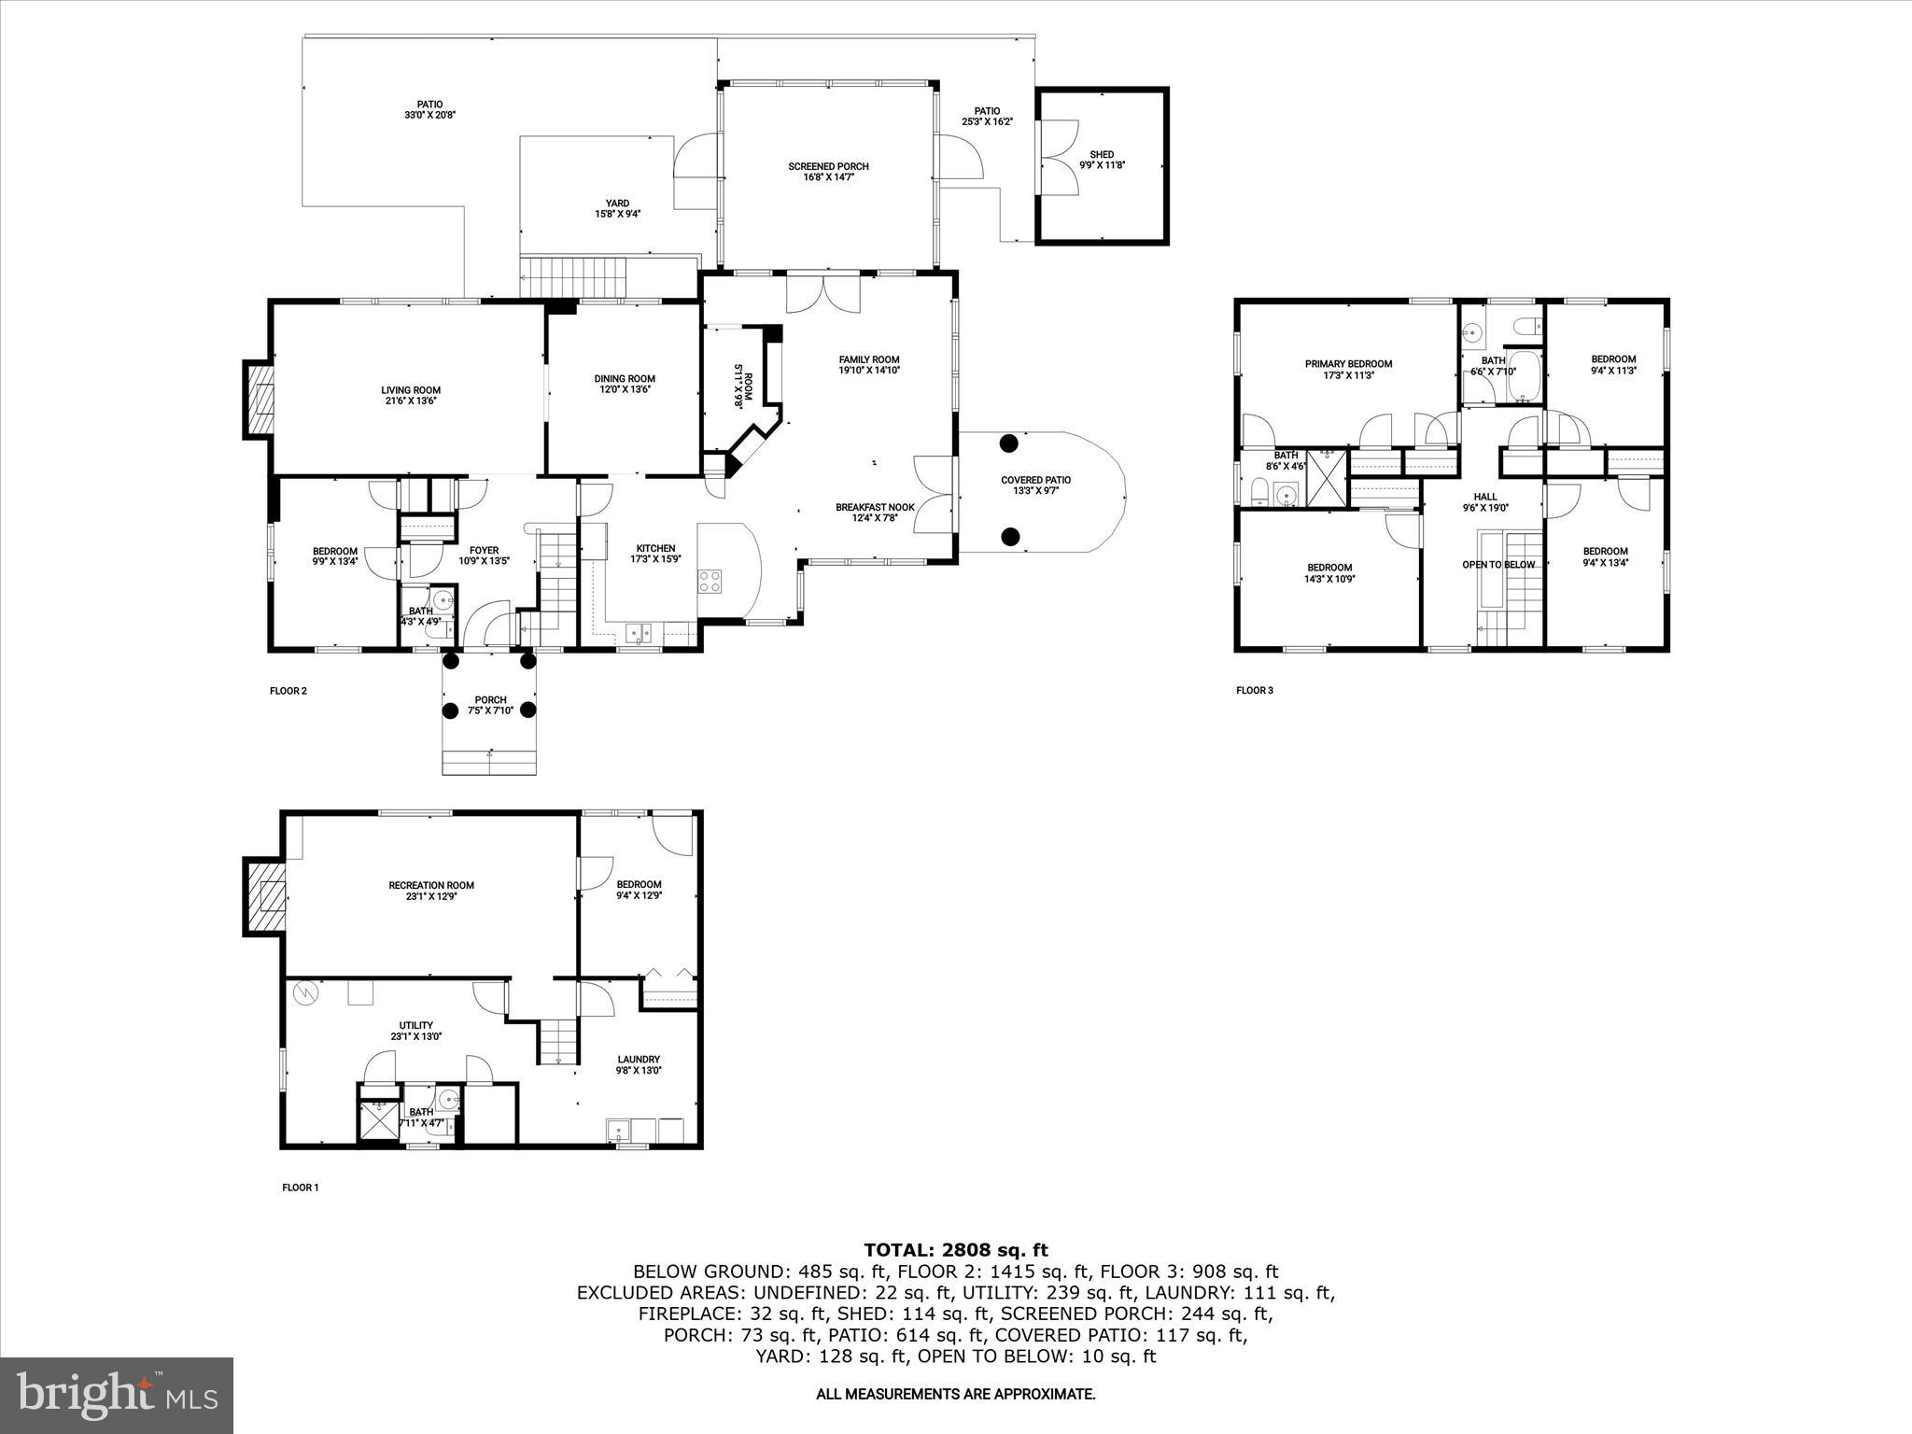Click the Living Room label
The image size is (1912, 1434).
410,395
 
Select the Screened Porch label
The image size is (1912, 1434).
828,172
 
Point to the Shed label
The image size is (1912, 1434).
1102,160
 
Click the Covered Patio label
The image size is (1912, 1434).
1035,485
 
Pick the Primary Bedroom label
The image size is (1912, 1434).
1348,369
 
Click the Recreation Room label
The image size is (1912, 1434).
431,890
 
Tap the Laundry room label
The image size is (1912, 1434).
639,1064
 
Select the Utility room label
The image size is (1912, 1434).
415,1031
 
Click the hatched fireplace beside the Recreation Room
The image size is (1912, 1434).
265,896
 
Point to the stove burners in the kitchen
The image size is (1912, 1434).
710,581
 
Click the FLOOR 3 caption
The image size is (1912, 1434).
1254,691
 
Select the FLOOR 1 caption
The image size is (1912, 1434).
301,1188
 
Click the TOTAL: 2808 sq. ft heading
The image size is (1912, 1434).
955,1249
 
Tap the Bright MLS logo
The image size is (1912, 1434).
117,1395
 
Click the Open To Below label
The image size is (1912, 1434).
1497,565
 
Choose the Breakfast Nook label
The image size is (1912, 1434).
875,512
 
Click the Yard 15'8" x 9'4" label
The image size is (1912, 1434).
617,208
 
